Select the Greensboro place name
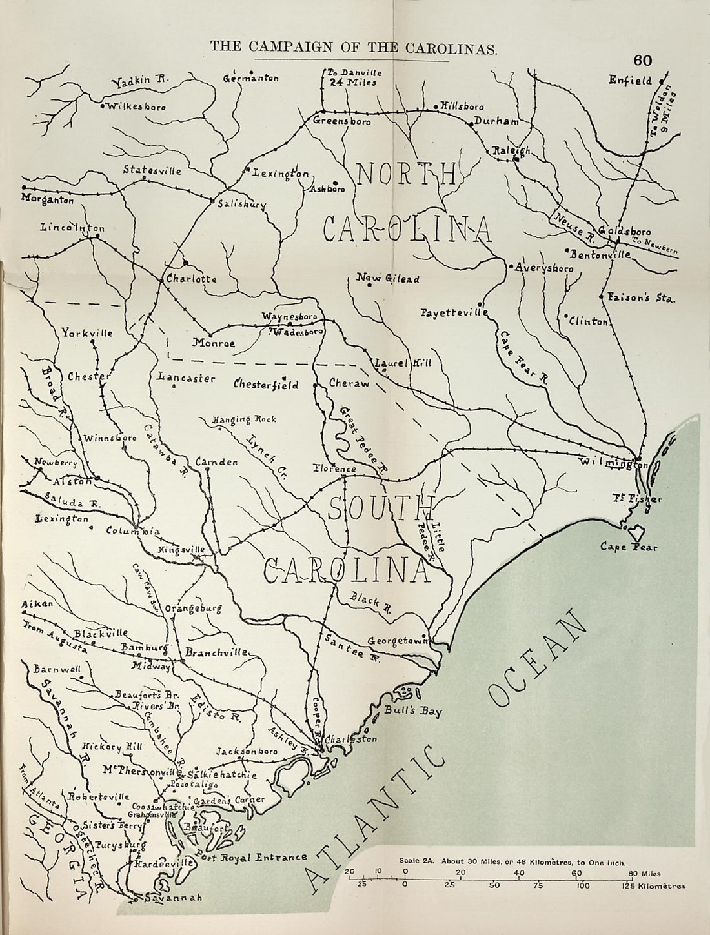[342, 121]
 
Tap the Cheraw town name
[349, 383]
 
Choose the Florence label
[334, 468]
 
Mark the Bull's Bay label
[421, 712]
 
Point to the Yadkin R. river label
[139, 81]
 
